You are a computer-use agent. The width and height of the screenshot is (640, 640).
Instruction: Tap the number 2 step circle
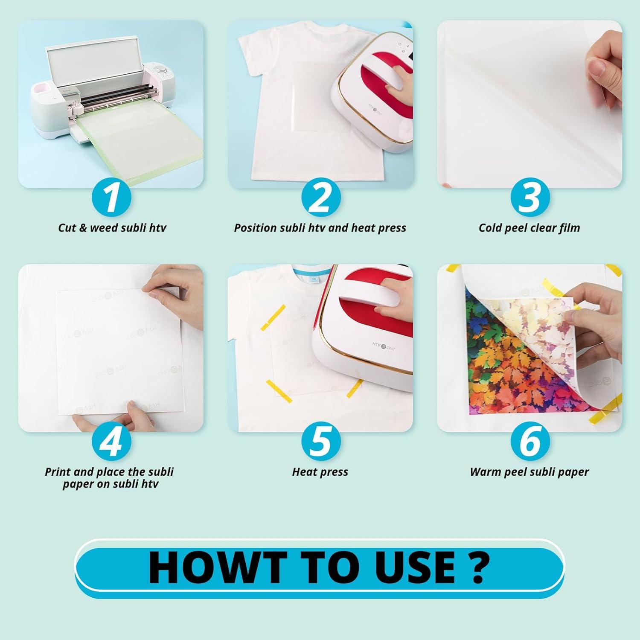point(320,198)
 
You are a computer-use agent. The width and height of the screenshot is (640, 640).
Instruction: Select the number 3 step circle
point(529,198)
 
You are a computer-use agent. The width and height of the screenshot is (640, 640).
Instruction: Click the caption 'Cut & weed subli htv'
point(112,228)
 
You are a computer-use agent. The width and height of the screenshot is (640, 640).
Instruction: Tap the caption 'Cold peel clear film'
point(529,228)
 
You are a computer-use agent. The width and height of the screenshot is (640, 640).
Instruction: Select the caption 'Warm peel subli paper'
point(529,472)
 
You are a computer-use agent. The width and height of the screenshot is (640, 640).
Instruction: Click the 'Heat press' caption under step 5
point(320,472)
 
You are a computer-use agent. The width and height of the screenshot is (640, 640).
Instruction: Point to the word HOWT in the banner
point(217,567)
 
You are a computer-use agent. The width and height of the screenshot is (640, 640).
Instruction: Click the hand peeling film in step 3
point(602,73)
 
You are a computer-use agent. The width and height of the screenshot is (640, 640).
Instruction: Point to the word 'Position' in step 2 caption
point(255,228)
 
